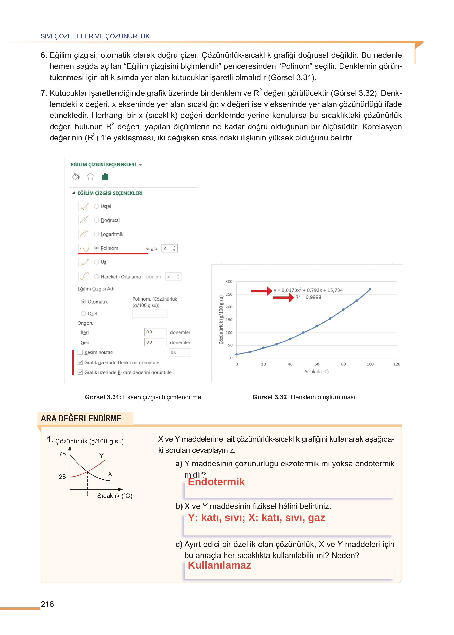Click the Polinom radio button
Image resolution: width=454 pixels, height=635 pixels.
click(97, 248)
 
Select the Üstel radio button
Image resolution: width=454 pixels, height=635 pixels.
click(97, 206)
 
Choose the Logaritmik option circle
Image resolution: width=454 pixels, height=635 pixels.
click(97, 234)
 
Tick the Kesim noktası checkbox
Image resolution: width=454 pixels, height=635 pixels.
click(80, 352)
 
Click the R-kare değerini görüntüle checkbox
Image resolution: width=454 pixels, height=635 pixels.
click(80, 372)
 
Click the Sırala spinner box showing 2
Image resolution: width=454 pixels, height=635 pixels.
click(169, 248)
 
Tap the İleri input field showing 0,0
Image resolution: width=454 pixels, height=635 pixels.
click(155, 332)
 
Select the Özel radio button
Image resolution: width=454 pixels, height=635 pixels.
click(83, 314)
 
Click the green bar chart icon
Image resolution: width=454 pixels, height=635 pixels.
click(105, 177)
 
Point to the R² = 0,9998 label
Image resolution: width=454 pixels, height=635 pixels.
click(308, 297)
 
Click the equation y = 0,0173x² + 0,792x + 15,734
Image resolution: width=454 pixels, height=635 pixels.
click(308, 290)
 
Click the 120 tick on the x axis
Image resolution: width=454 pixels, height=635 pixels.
click(396, 364)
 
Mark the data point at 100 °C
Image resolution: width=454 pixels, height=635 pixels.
click(370, 289)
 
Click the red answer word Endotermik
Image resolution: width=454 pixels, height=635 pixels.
click(216, 482)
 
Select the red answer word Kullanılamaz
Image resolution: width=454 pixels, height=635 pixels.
click(219, 565)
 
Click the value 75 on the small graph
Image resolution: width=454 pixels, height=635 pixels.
click(62, 454)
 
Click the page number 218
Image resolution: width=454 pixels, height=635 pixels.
click(47, 604)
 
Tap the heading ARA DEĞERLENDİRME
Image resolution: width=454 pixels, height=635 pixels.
click(81, 418)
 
